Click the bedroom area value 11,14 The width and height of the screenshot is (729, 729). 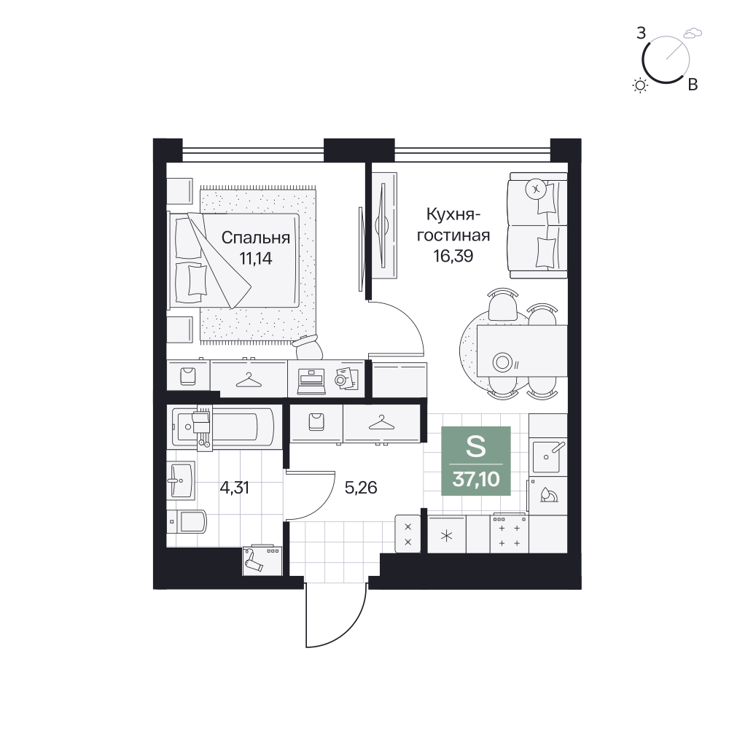[256, 258]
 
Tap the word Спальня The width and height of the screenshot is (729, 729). [256, 238]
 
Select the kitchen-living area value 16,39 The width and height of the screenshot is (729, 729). [453, 256]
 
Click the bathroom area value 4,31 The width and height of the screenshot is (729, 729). [234, 488]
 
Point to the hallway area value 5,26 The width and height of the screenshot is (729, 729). [361, 487]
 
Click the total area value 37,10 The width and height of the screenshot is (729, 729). [476, 479]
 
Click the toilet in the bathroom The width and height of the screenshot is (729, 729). [187, 521]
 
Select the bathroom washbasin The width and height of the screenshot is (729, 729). [180, 480]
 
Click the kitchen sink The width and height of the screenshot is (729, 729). [548, 456]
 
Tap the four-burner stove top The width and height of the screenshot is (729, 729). [509, 534]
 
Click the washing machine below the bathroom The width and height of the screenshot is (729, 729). [262, 561]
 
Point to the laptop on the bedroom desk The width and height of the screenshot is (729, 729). [311, 381]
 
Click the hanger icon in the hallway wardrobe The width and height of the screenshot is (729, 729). [381, 423]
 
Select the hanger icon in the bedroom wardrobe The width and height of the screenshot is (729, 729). [249, 380]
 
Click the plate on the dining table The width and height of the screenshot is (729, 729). [502, 362]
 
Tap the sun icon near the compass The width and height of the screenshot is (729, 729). [641, 85]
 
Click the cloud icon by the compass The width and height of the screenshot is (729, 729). [693, 33]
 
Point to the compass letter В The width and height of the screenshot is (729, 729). [693, 85]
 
